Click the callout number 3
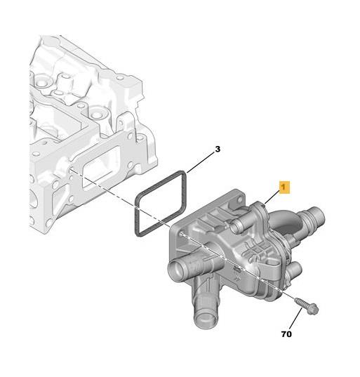(x=218, y=150)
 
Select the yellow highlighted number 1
(x=284, y=187)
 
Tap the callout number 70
(x=286, y=334)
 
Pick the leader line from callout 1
(x=272, y=197)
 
